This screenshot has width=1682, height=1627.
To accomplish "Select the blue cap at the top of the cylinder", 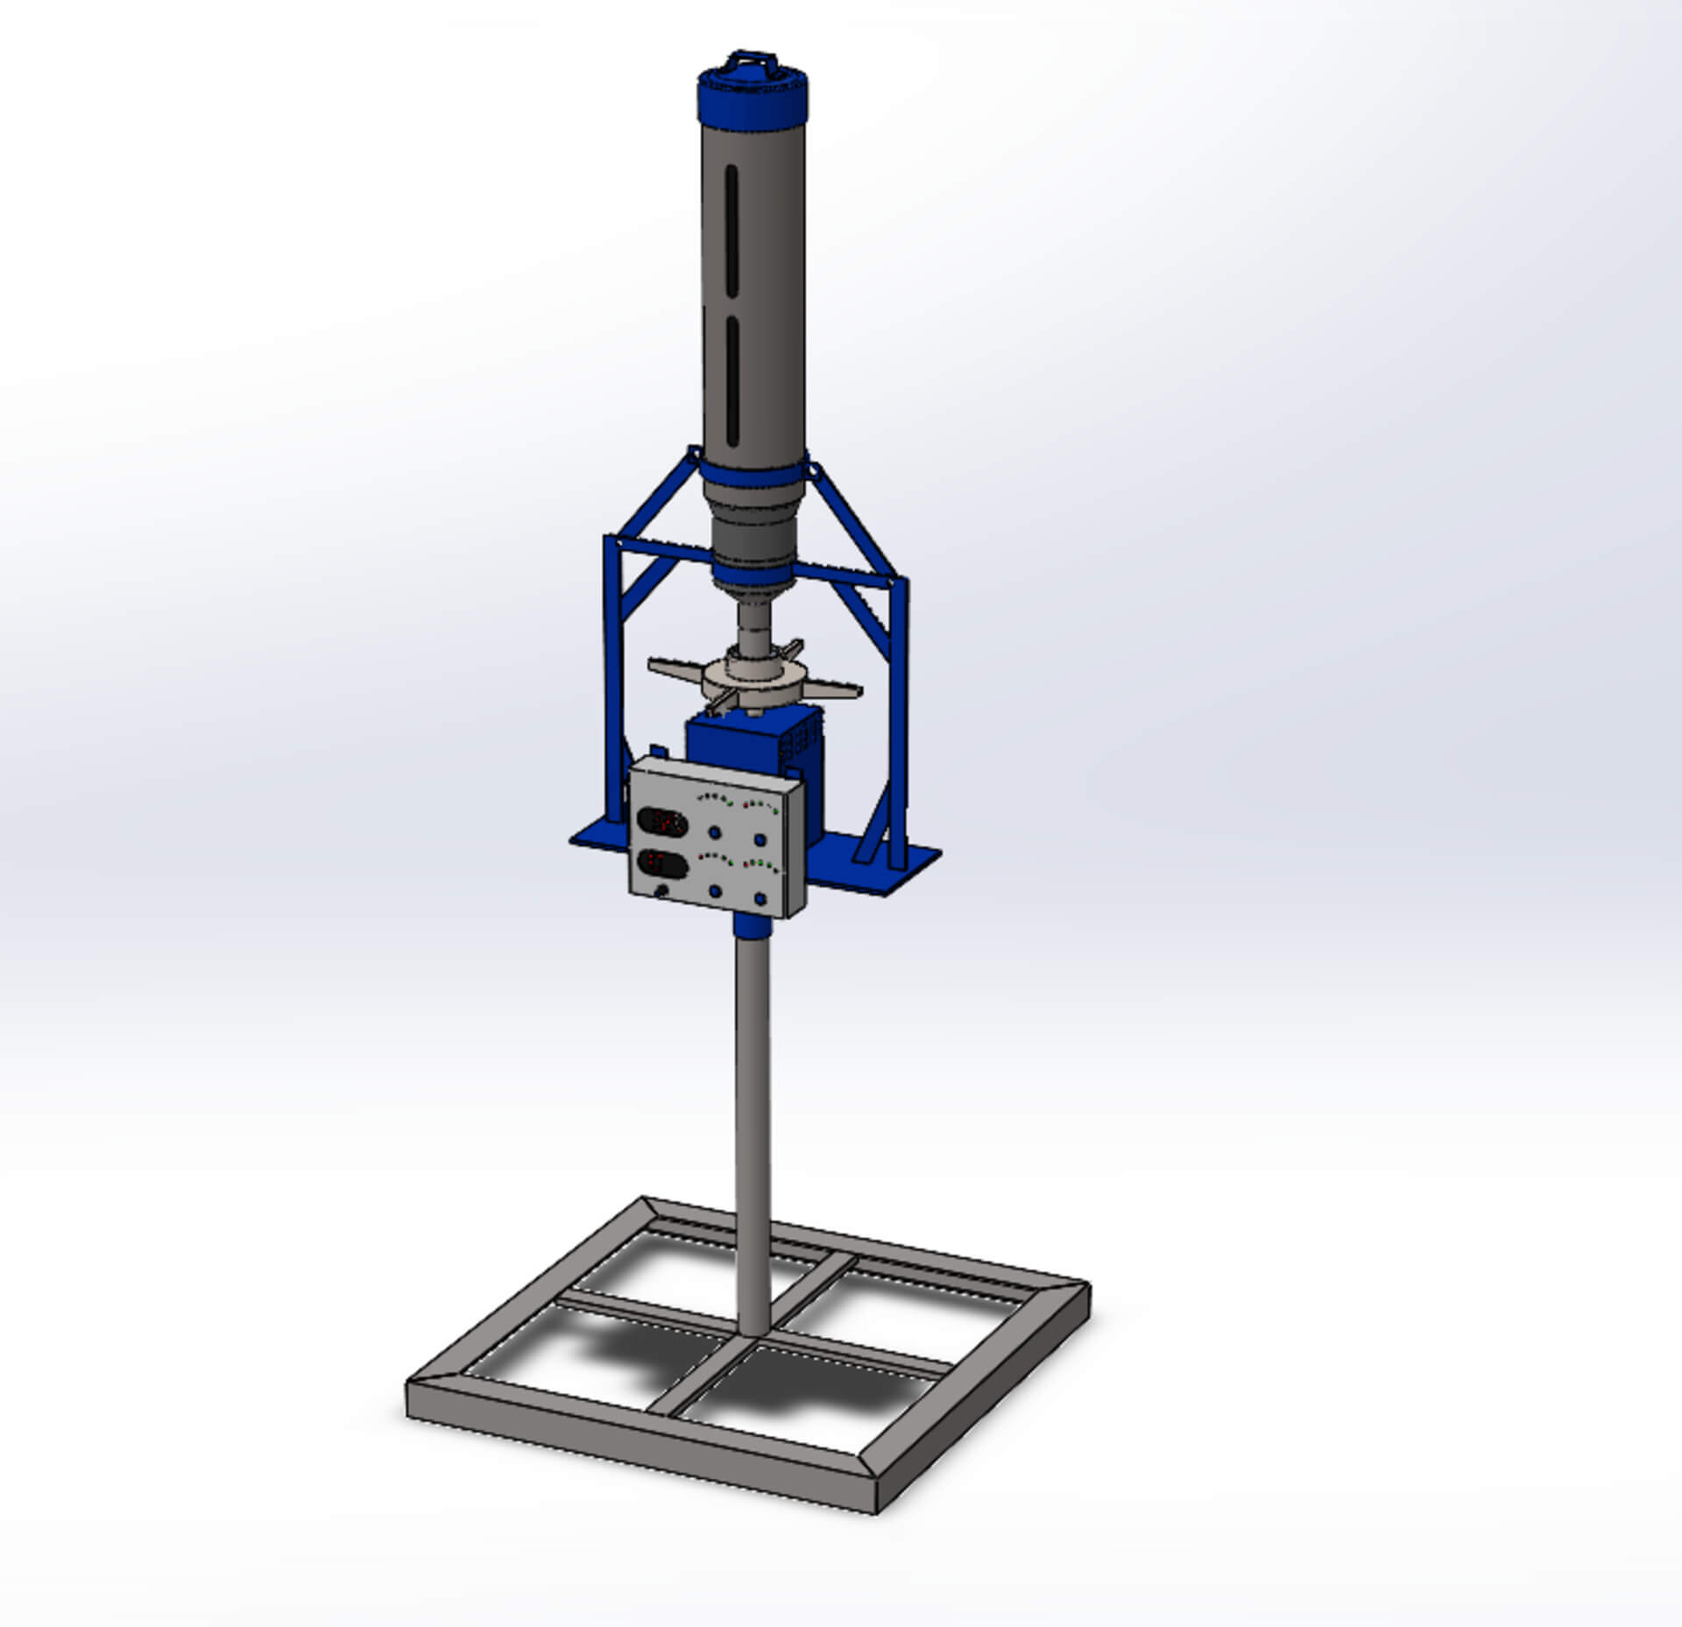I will click(x=753, y=99).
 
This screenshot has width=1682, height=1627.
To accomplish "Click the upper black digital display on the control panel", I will click(x=661, y=822).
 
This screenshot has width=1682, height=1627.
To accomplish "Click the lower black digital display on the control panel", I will click(x=662, y=863).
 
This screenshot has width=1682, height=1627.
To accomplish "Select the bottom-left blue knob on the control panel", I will click(x=716, y=891).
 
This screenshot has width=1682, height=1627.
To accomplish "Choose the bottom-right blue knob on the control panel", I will click(x=760, y=899).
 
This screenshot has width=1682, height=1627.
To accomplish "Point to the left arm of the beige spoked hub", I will click(x=675, y=668).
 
